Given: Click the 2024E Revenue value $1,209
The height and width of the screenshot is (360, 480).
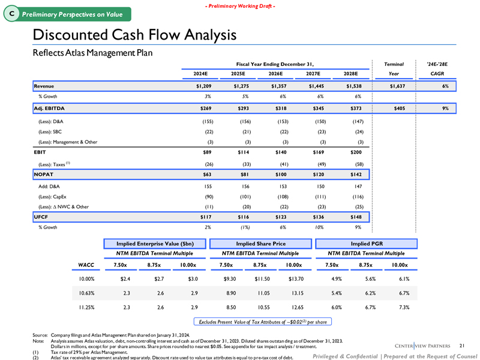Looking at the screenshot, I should (199, 86).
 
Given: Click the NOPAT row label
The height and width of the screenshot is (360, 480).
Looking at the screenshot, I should (44, 175).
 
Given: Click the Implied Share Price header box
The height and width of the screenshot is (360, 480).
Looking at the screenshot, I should (260, 244).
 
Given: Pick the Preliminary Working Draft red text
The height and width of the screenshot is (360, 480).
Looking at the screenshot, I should (239, 6).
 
